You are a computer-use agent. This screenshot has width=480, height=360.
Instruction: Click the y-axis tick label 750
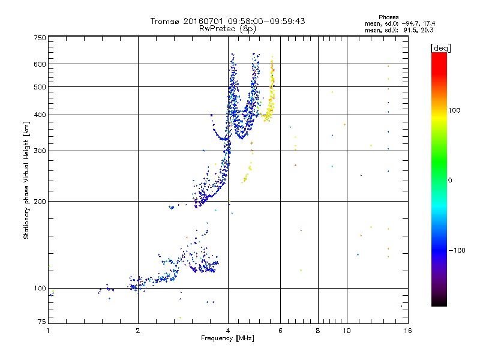[40, 37]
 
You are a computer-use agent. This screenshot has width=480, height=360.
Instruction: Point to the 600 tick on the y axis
[40, 64]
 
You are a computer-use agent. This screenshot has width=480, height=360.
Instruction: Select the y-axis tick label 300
[40, 151]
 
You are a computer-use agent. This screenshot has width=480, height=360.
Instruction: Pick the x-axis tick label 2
[138, 331]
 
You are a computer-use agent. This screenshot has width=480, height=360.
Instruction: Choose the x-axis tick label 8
[318, 331]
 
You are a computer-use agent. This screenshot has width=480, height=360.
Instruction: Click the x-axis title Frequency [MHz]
[227, 338]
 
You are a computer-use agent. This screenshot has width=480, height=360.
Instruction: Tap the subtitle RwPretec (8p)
[227, 28]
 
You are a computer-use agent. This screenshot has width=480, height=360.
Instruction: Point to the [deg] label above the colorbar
[441, 47]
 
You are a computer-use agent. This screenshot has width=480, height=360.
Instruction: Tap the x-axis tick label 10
[346, 331]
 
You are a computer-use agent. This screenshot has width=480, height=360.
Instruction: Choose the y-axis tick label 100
[40, 289]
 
